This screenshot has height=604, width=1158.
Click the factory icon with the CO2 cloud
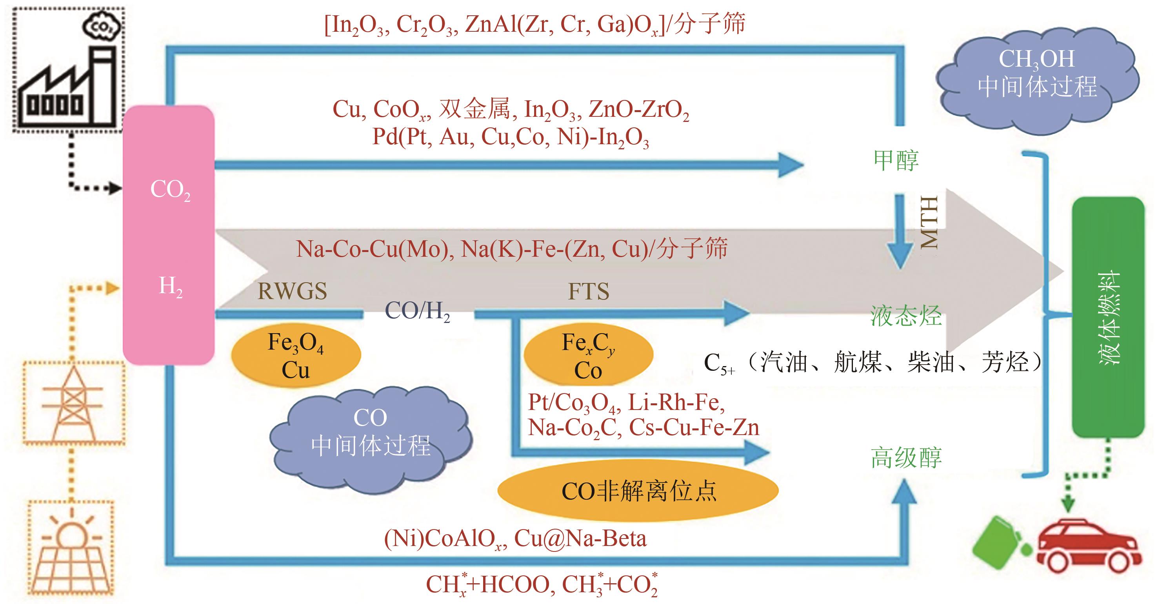(67, 72)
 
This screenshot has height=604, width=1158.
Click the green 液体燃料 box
(1108, 317)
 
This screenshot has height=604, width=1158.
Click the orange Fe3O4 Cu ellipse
(296, 356)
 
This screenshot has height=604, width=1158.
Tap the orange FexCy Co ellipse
(588, 356)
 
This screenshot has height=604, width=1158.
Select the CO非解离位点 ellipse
(638, 491)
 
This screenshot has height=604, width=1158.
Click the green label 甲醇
(896, 160)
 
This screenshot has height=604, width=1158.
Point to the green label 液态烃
(905, 316)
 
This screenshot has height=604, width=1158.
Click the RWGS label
(292, 291)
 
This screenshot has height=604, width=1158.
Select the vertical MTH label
(929, 223)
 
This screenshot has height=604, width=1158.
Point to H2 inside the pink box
(170, 286)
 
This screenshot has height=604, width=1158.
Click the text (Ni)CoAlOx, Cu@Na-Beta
(515, 539)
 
